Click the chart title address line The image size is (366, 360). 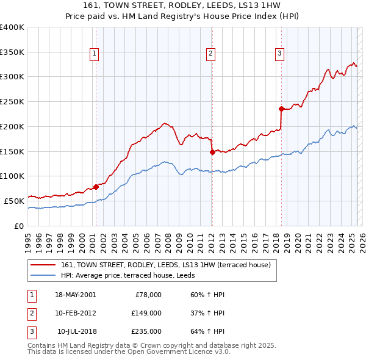coord(182,5)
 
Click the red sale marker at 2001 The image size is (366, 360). coord(96,187)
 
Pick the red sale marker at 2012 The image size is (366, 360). coord(212,152)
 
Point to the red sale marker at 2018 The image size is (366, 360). coord(281,109)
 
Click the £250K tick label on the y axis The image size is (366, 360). coord(12,101)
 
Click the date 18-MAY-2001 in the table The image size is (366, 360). coord(75,295)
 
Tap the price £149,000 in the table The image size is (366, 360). coord(146,313)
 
